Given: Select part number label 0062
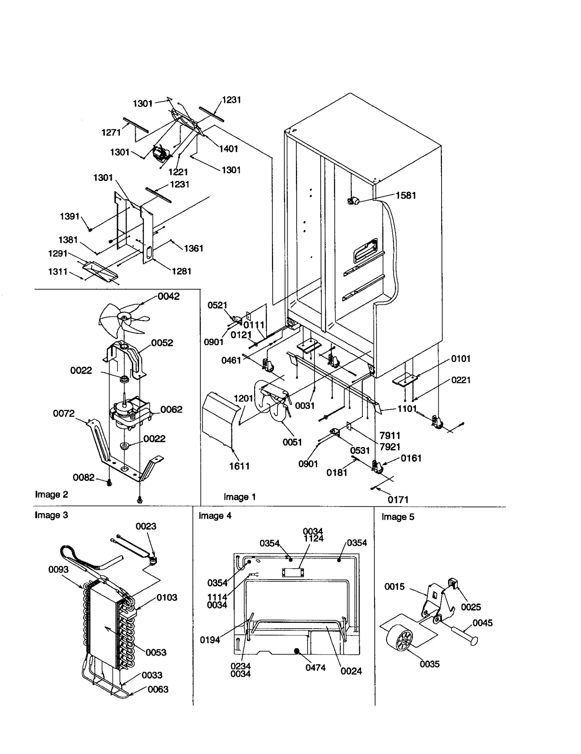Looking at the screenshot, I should click(x=171, y=410).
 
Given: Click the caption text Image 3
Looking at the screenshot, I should click(x=51, y=515).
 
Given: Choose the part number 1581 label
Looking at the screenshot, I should click(x=405, y=195).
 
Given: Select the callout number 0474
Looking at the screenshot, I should click(x=315, y=668).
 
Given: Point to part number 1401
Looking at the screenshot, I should click(x=228, y=149).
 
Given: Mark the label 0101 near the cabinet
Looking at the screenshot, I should click(x=460, y=359).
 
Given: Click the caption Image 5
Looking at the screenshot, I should click(x=398, y=517).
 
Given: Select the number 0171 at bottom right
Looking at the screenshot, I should click(x=398, y=500).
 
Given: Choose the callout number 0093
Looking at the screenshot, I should click(x=58, y=569).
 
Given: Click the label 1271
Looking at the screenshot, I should click(x=111, y=133).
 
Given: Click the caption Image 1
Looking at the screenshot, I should click(x=240, y=497).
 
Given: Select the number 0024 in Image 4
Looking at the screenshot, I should click(x=351, y=671).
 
